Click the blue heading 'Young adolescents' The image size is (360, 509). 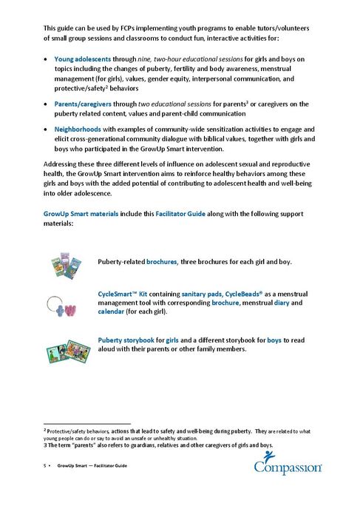click(x=82, y=57)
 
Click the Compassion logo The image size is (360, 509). click(x=288, y=467)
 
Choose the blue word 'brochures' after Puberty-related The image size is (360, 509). click(x=167, y=262)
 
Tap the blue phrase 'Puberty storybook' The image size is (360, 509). click(x=130, y=340)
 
